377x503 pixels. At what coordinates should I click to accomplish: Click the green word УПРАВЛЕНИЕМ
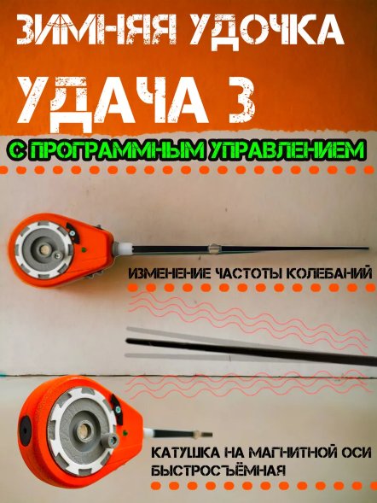273,149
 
